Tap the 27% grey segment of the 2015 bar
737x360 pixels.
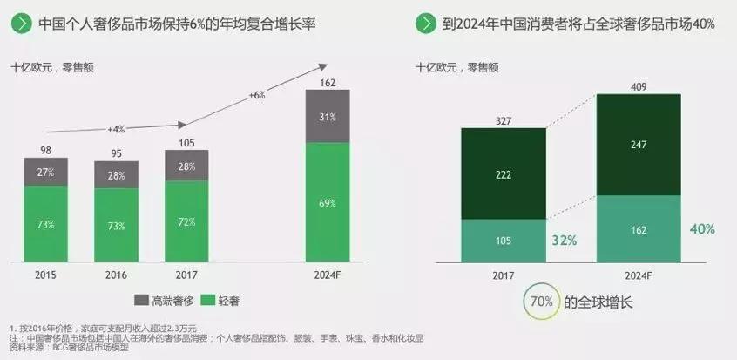(45, 172)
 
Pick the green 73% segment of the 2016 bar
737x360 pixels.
(115, 225)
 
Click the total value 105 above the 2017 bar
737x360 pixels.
(186, 142)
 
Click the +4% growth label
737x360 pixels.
(117, 129)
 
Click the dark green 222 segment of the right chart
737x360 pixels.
(503, 173)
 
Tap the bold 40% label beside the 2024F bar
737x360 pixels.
(703, 228)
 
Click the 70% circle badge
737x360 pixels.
(538, 302)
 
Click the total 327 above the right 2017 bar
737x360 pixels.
(503, 119)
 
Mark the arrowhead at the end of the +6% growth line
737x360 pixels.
(325, 65)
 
